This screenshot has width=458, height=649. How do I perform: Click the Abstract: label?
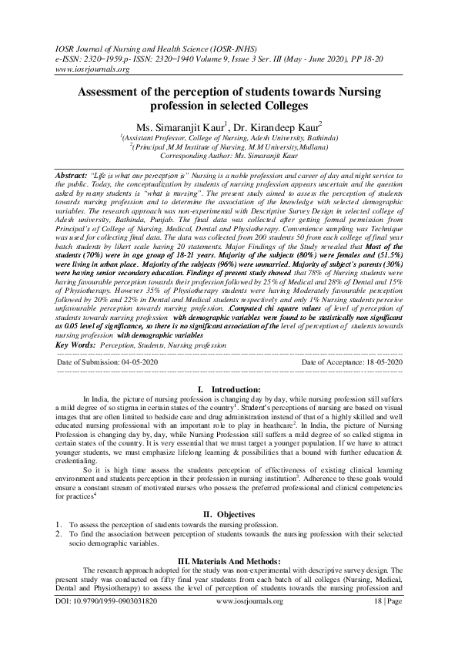click(x=76, y=177)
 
